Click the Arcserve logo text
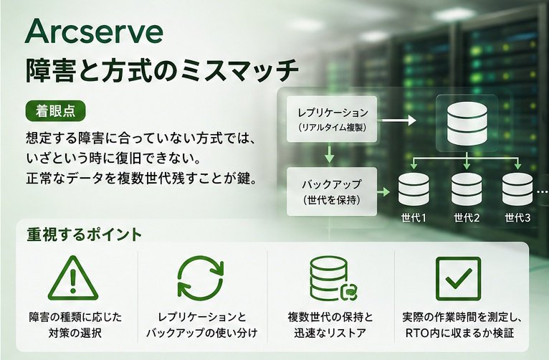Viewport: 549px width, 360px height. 94,32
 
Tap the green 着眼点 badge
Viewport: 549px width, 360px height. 55,110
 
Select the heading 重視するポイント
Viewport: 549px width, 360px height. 84,235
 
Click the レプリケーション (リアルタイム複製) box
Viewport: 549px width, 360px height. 332,119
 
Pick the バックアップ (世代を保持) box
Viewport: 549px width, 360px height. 332,191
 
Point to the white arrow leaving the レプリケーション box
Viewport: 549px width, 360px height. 398,120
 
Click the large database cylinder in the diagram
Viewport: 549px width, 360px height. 467,123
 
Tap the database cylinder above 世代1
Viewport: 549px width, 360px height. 414,189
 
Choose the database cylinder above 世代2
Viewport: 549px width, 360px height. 467,189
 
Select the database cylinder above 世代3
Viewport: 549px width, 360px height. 517,189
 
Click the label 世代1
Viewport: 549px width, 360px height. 414,218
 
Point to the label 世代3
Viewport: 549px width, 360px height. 517,218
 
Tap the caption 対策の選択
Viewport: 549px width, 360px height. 75,333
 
